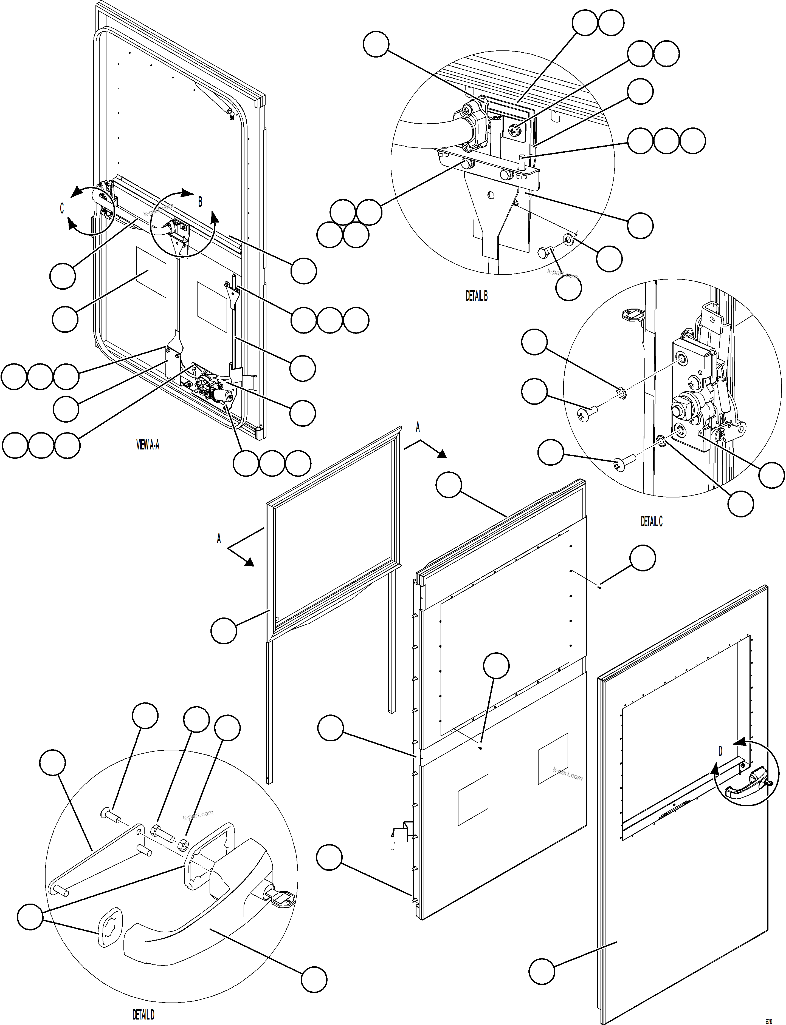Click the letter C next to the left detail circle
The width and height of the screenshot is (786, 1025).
point(62,209)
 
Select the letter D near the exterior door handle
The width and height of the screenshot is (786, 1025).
point(720,751)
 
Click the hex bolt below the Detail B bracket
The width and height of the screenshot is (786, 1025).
point(544,252)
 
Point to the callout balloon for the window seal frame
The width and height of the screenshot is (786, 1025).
point(224,631)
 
